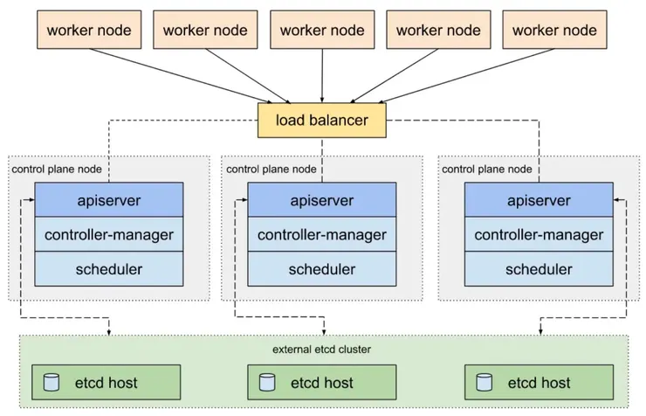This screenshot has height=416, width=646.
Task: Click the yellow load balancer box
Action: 322,120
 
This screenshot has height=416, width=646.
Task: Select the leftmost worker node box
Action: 89,31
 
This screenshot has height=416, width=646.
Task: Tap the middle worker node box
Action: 322,31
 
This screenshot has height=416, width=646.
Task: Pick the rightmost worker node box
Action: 554,31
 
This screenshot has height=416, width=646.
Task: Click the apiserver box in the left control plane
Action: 109,200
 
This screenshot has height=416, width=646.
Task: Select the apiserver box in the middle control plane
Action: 322,200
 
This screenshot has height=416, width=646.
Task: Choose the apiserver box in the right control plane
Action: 539,200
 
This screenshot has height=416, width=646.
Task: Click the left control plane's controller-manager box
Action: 109,234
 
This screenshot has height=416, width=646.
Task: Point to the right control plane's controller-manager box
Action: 539,234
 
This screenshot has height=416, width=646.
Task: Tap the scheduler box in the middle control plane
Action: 322,268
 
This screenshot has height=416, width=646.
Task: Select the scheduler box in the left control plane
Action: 109,268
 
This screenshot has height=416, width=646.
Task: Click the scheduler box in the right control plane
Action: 539,268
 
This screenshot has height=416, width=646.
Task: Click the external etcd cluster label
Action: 322,350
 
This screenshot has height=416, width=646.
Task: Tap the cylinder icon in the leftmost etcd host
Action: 51,382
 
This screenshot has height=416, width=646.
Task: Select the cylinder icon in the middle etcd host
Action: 266,382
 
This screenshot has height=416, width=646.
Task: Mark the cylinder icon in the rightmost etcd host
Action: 484,382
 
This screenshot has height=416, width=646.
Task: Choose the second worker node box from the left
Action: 205,31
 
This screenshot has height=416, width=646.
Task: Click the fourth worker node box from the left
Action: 438,31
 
